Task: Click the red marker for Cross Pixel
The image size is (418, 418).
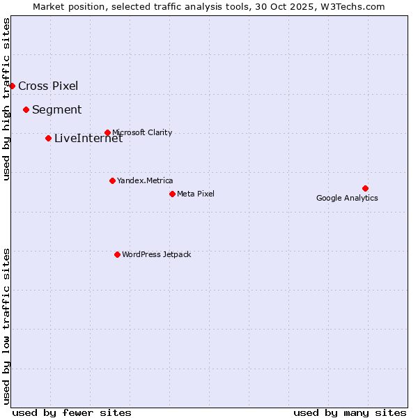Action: tap(12, 86)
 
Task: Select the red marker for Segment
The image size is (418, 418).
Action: tap(26, 109)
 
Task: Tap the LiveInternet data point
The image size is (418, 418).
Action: tap(48, 138)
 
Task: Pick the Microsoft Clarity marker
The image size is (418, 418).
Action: tap(107, 132)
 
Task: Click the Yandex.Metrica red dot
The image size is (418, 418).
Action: tap(112, 180)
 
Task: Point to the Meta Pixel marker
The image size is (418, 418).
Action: tap(172, 194)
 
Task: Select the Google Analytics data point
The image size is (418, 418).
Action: tap(365, 188)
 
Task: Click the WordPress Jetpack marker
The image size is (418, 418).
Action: tap(117, 254)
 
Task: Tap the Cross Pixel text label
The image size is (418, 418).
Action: tap(48, 86)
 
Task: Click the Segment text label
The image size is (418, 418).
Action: tap(56, 110)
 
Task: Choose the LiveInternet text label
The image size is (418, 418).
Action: tap(88, 139)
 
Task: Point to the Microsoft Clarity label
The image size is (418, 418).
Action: tap(142, 132)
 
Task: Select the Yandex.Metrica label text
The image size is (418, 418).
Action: tap(145, 180)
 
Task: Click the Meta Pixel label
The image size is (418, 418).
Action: tap(196, 194)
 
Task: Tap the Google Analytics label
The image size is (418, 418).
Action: tap(347, 198)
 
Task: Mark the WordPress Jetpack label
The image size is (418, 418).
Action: tap(156, 254)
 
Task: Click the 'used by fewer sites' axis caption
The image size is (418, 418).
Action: tap(72, 412)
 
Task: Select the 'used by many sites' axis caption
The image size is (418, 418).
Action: tap(350, 412)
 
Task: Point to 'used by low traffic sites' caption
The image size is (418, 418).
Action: tap(7, 326)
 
